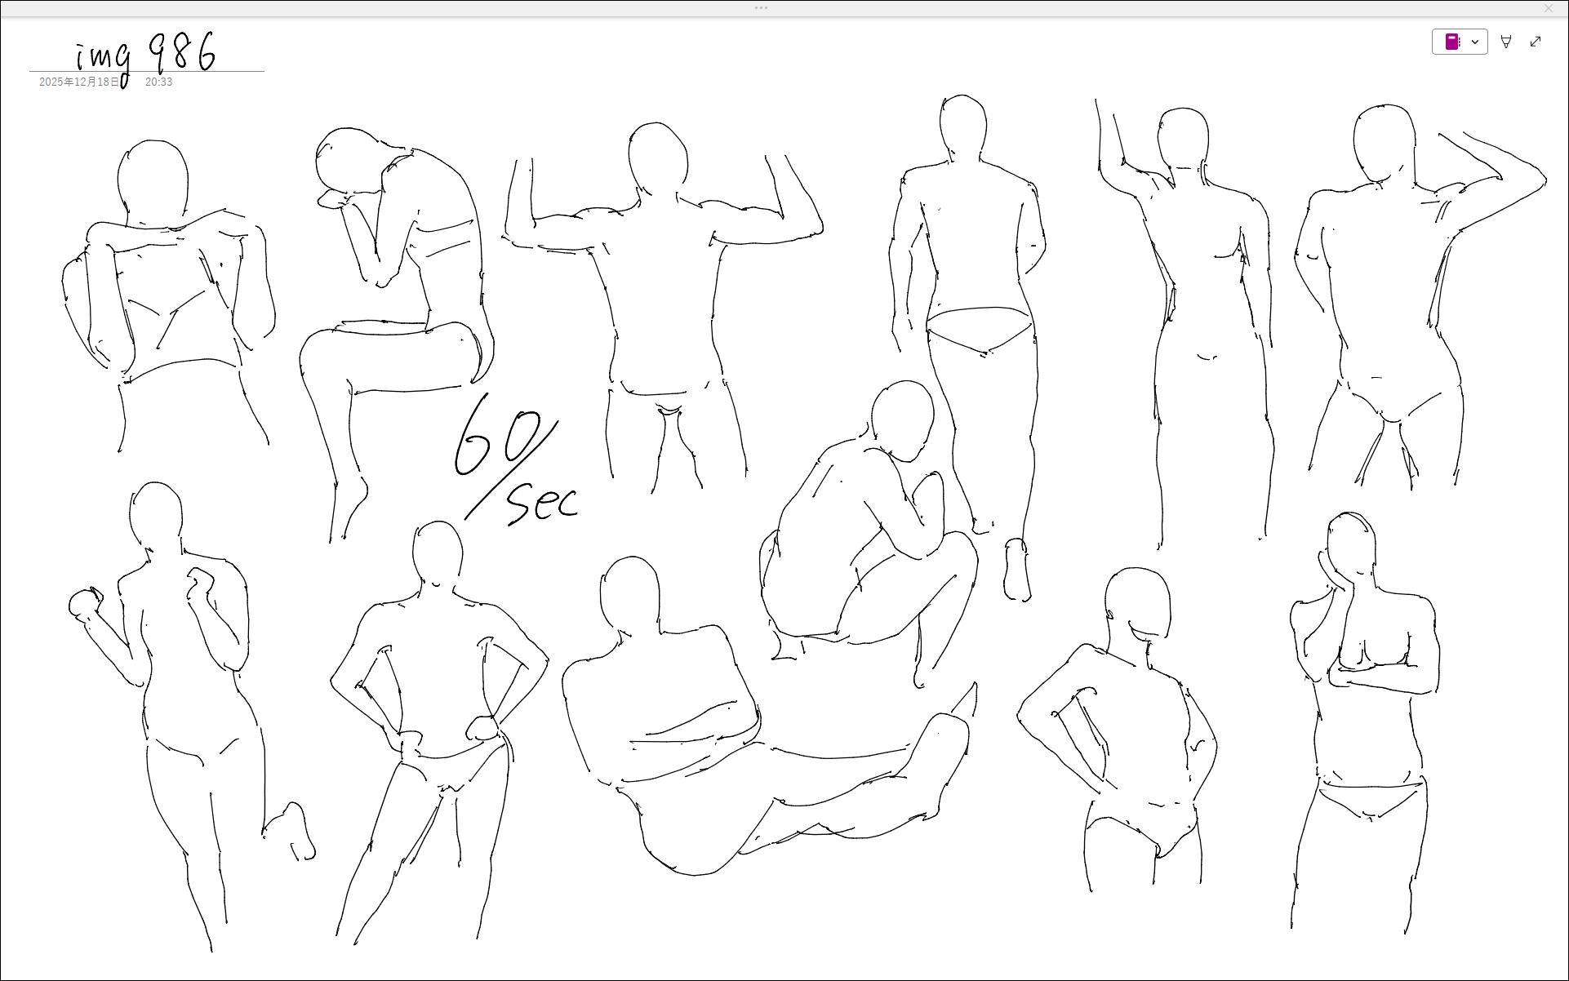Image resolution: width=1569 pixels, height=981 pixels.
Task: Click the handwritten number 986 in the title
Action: (x=183, y=52)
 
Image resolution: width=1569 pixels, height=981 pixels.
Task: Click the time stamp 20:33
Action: (x=158, y=82)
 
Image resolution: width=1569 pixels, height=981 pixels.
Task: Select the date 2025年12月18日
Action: (x=79, y=82)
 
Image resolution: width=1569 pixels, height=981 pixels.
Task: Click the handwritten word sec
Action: (x=543, y=503)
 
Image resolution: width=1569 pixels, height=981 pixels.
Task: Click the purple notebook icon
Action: (x=1452, y=42)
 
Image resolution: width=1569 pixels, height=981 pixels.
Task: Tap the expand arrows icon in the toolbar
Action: (x=1536, y=42)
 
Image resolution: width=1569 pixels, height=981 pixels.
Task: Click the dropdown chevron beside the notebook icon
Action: (x=1475, y=42)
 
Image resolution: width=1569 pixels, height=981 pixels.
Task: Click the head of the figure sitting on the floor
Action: (x=629, y=593)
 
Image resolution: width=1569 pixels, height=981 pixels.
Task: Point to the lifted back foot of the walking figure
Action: (x=1016, y=570)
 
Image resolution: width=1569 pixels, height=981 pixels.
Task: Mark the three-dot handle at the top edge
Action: (x=761, y=8)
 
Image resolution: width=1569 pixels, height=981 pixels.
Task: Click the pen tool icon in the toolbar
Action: (x=1506, y=42)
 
